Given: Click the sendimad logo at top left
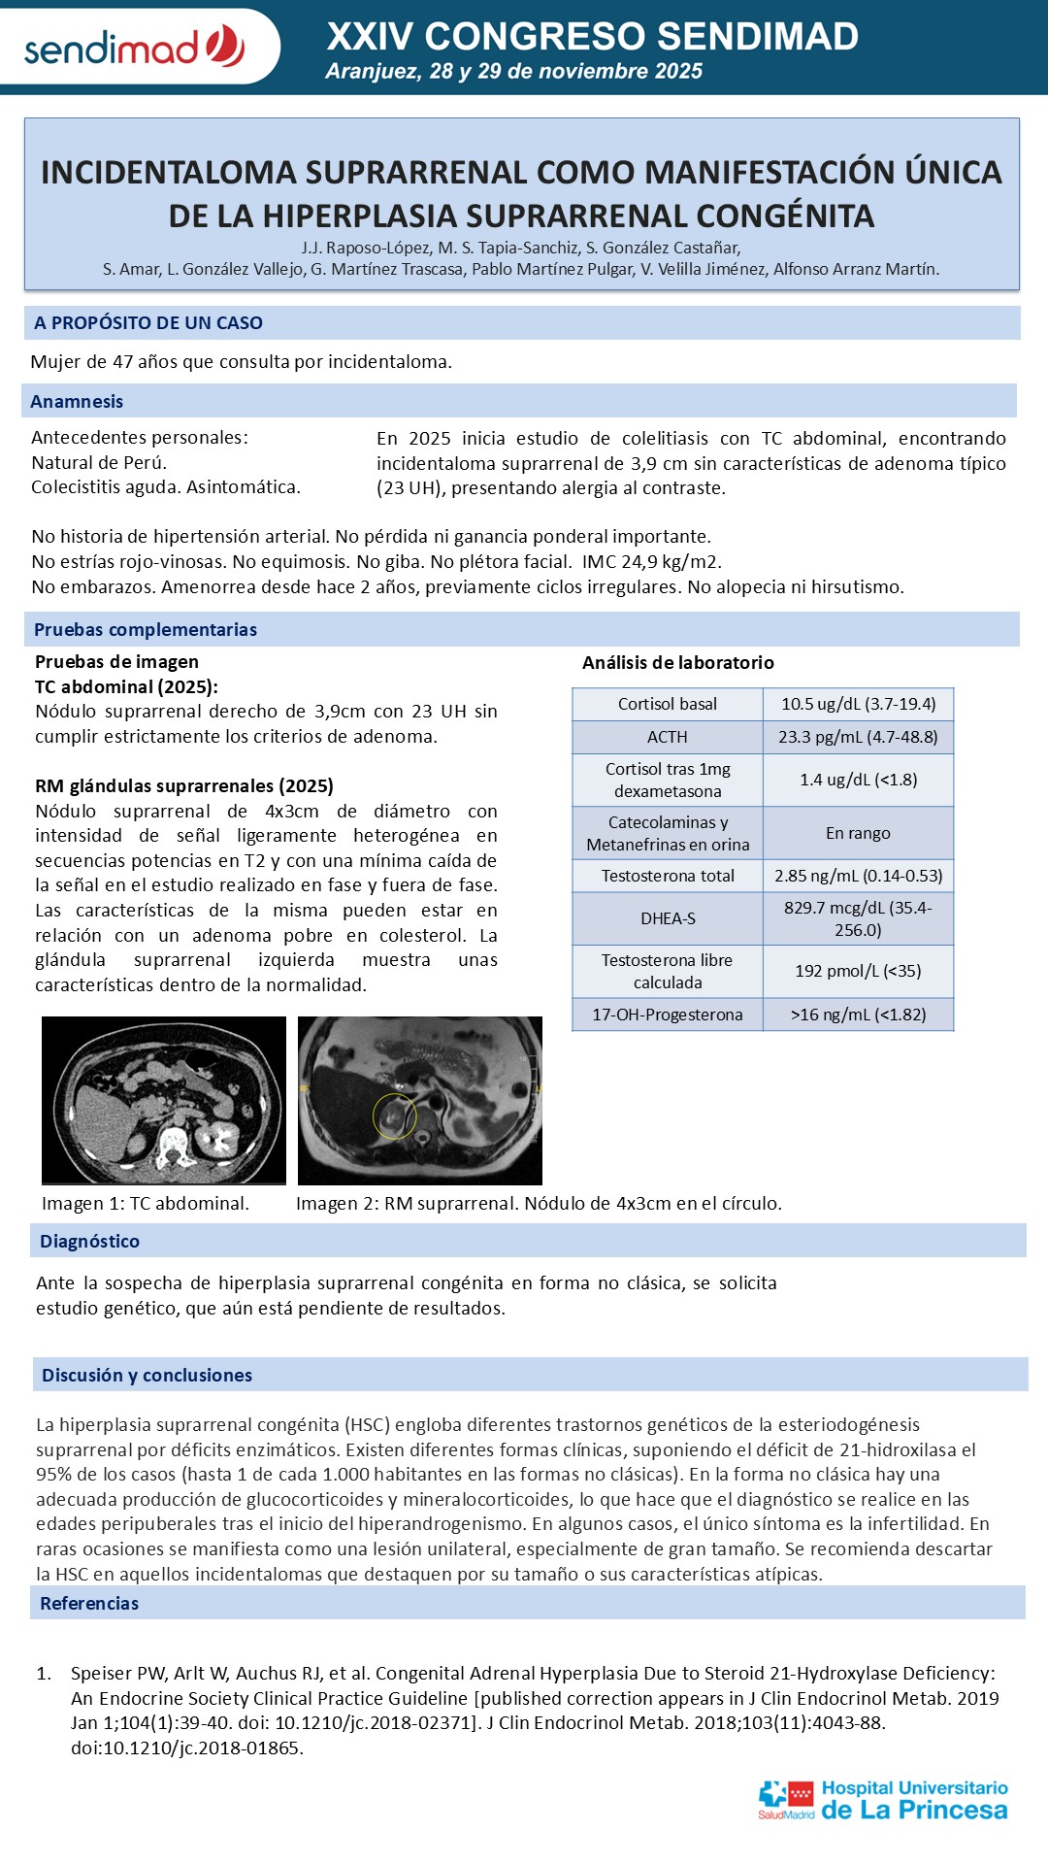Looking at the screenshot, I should (x=134, y=47).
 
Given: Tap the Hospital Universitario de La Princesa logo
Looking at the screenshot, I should (x=883, y=1800).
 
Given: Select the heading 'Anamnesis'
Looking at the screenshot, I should (x=77, y=401).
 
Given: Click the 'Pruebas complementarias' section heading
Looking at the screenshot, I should (x=146, y=629).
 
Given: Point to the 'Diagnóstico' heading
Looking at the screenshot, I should (x=89, y=1241).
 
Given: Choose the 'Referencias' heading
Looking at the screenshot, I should (x=89, y=1603).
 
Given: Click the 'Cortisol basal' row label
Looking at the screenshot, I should (x=668, y=704).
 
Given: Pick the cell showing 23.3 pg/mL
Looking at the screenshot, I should (x=858, y=737).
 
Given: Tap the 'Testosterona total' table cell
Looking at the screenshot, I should (x=668, y=876).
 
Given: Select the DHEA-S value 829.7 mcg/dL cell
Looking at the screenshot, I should (x=858, y=918).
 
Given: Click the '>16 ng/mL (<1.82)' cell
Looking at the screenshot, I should (x=858, y=1015).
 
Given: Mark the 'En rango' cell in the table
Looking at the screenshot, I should (x=858, y=833).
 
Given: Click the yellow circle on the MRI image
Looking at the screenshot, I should (x=395, y=1115).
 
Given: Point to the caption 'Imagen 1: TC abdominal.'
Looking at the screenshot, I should (x=146, y=1203).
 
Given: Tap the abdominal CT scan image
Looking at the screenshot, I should (x=164, y=1100).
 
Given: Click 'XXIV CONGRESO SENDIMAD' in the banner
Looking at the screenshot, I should (x=592, y=37).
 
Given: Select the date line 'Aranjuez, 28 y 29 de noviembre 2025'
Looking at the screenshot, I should (x=514, y=71).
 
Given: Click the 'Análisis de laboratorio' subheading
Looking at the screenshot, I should (x=678, y=662).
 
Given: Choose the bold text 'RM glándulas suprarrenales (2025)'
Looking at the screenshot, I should (x=184, y=785).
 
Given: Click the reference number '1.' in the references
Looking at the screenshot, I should (x=44, y=1673).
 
